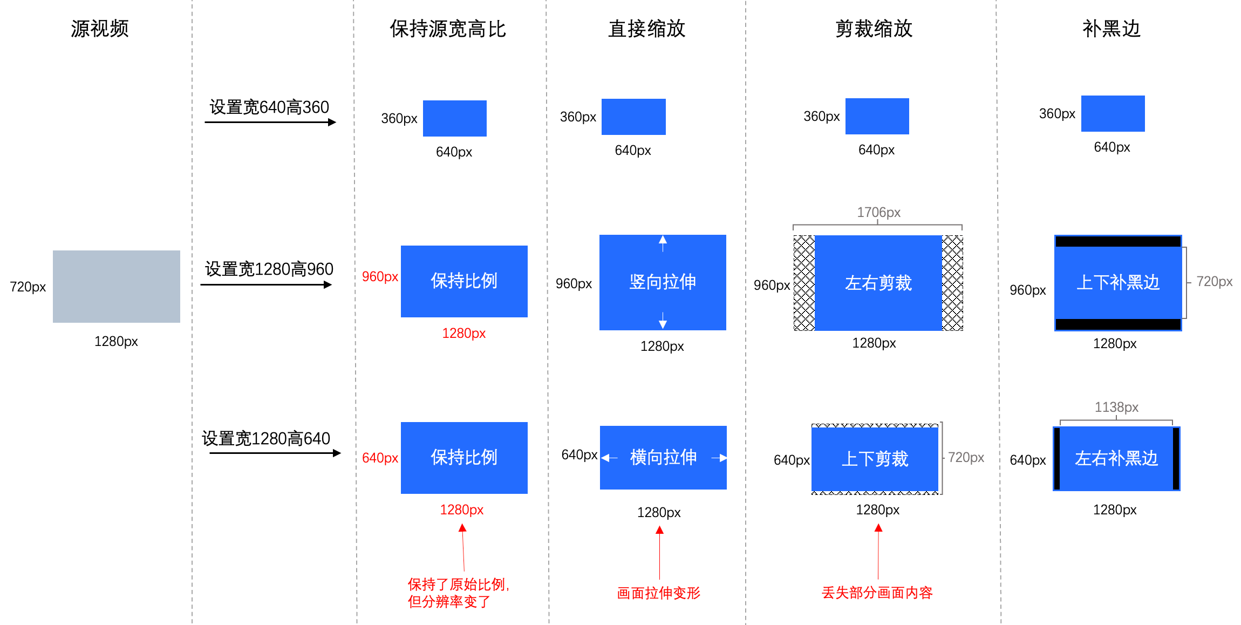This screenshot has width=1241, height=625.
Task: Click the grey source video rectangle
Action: click(x=116, y=286)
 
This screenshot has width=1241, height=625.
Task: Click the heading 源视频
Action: click(x=100, y=29)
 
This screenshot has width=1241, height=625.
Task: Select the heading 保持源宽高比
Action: click(x=448, y=29)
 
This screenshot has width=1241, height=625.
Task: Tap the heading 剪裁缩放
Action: click(x=874, y=29)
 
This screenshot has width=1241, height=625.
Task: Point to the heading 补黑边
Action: click(x=1111, y=29)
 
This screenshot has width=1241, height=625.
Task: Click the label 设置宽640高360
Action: click(x=269, y=107)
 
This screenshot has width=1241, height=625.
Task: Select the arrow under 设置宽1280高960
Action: click(x=266, y=284)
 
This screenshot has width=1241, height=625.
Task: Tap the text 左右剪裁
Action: click(x=878, y=283)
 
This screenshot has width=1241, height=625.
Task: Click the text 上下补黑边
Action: click(x=1118, y=282)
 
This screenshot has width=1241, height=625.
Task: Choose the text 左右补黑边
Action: click(x=1116, y=458)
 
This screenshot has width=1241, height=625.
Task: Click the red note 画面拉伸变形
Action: click(x=658, y=593)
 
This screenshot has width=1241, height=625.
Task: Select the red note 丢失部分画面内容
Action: click(x=877, y=593)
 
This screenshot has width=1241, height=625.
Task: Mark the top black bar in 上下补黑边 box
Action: click(x=1118, y=241)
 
